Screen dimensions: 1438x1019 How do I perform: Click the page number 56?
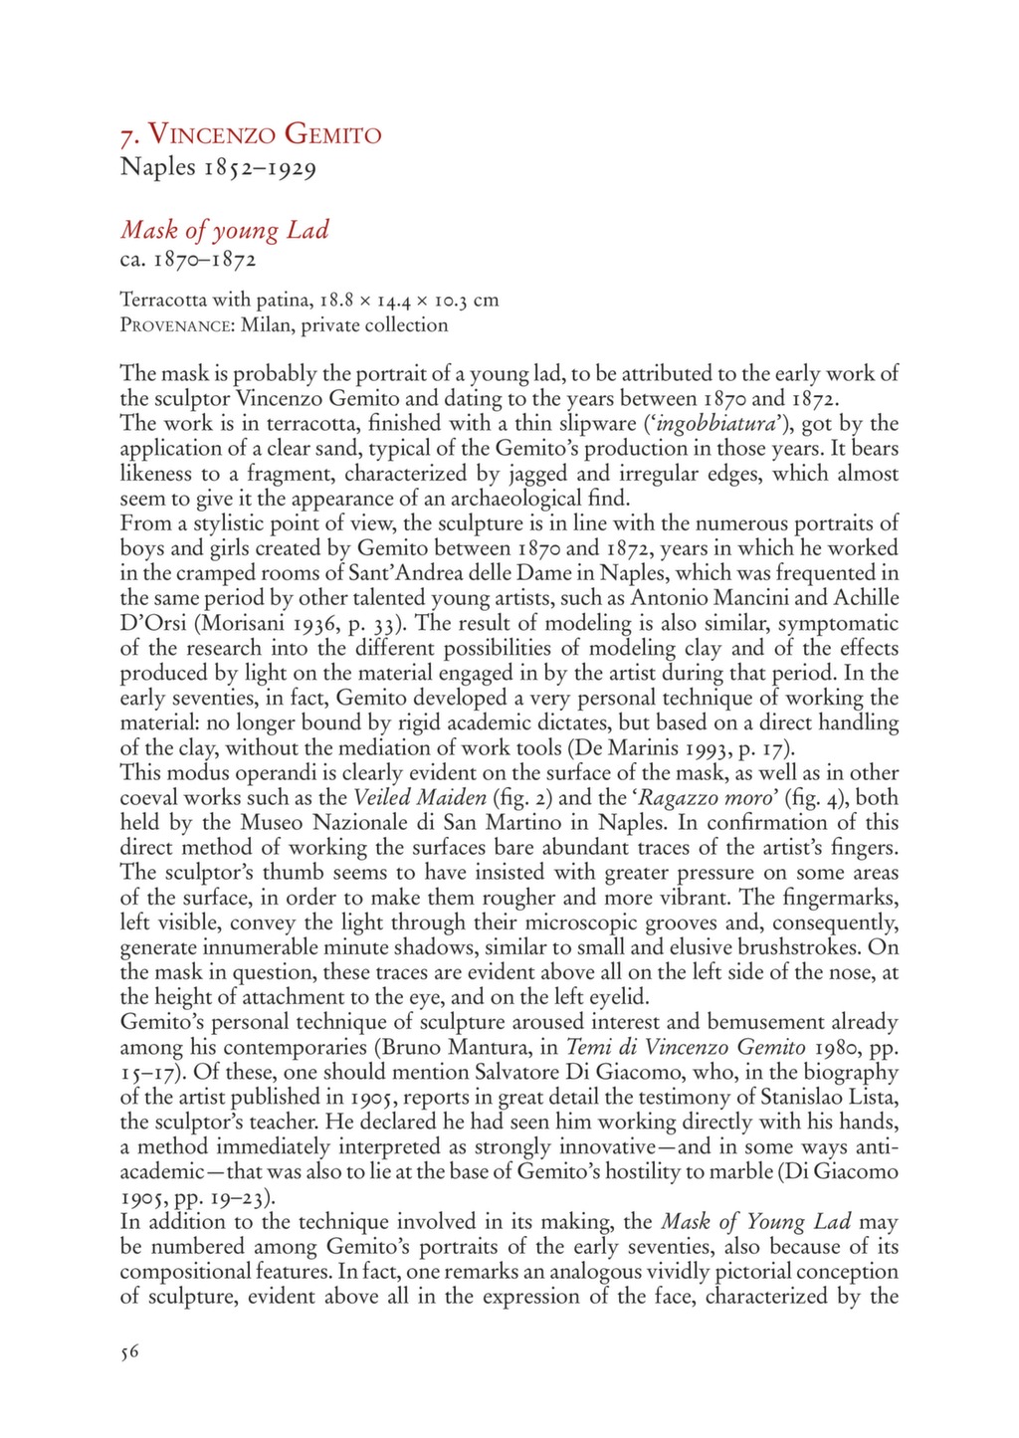coord(129,1351)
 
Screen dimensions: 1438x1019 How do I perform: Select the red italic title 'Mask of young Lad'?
coord(224,231)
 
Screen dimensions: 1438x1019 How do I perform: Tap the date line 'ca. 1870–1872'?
coord(187,261)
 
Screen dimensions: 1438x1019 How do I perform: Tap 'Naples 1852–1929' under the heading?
coord(219,167)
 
